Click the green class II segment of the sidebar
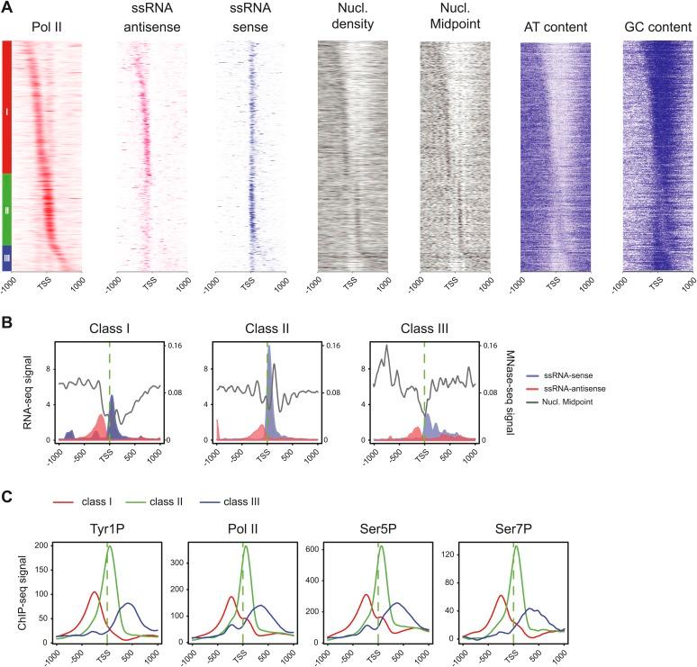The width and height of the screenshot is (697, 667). tap(7, 210)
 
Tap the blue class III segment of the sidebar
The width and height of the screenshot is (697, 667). tap(7, 257)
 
